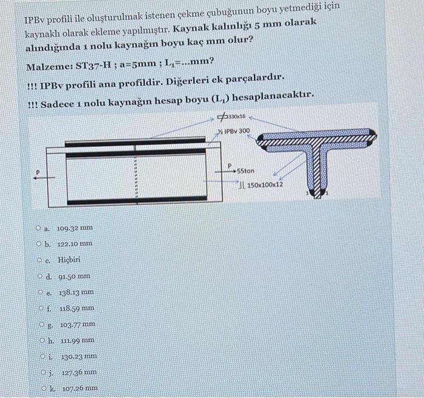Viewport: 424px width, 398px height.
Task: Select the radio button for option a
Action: coord(38,228)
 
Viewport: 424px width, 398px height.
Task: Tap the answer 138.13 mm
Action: coord(77,292)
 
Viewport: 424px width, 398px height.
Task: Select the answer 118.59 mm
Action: coord(77,308)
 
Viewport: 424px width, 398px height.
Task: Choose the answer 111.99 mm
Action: coord(77,340)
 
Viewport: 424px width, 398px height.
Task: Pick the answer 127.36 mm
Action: coord(77,372)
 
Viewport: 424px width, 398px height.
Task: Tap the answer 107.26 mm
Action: coord(77,388)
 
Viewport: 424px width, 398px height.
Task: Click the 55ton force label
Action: coord(249,171)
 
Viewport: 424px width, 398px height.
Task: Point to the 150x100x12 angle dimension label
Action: coord(263,183)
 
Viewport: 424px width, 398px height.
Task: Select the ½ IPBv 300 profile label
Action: coord(233,131)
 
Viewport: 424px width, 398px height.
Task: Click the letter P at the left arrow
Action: coord(38,172)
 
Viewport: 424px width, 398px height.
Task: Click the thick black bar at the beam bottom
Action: coord(135,200)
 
